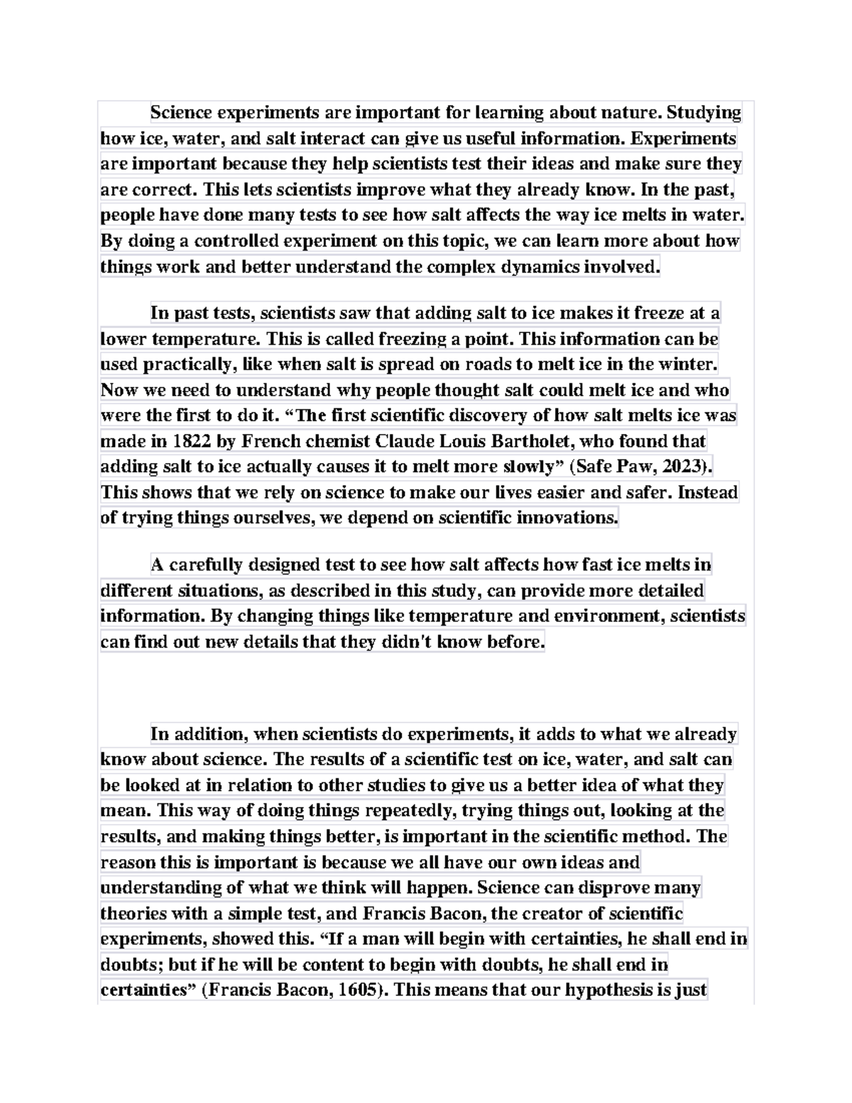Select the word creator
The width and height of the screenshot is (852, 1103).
point(554,913)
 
